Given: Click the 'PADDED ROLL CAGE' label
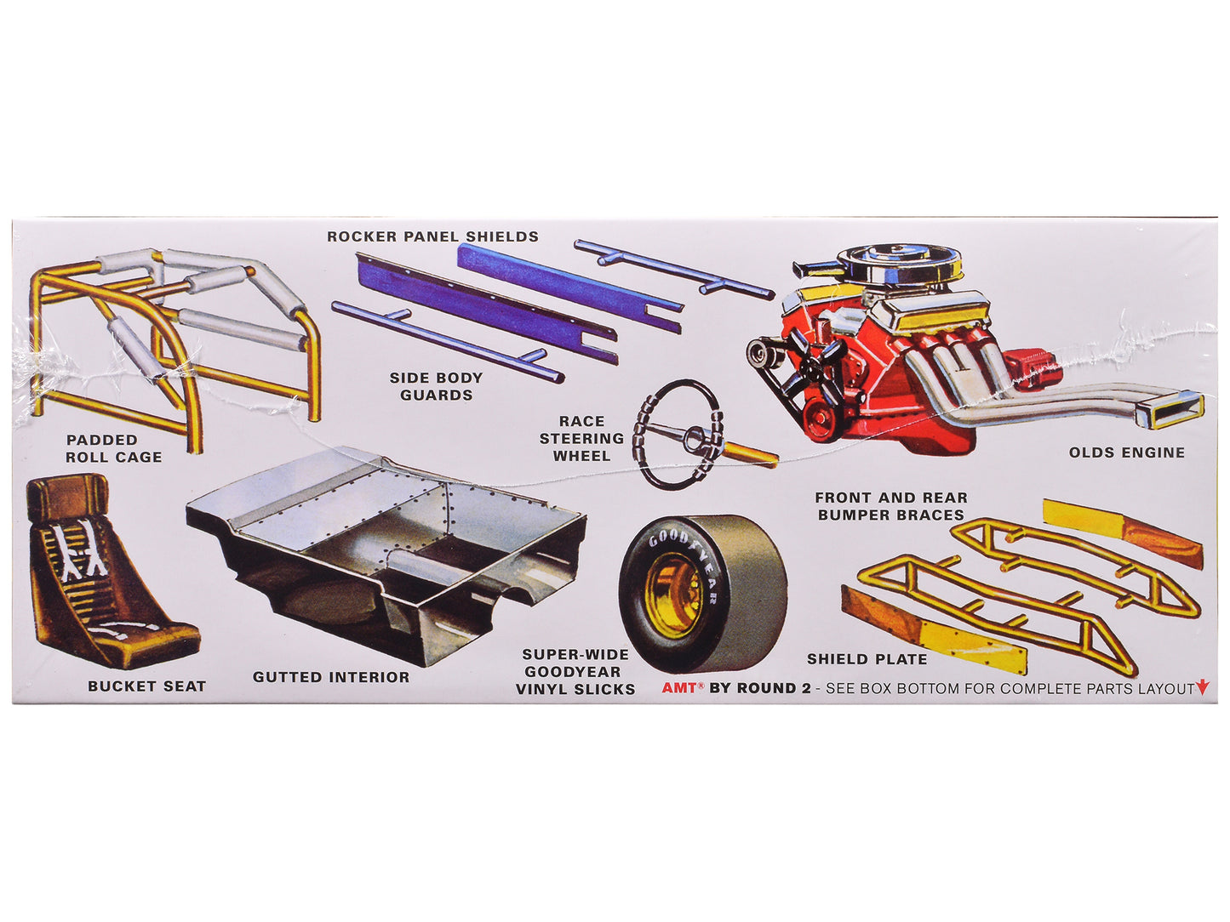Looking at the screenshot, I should tap(113, 448).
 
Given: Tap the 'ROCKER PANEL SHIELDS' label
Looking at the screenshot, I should tap(432, 236).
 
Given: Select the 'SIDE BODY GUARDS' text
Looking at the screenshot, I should tap(436, 386).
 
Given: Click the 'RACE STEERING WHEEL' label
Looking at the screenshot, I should tap(581, 439).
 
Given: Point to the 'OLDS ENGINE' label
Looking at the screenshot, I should tap(1127, 452).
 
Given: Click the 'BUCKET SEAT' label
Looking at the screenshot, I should tap(146, 686).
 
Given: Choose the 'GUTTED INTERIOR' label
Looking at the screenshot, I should tap(331, 677).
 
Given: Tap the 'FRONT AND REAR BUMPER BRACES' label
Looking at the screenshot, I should tap(891, 506).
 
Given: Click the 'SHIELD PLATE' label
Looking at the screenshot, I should tap(867, 658).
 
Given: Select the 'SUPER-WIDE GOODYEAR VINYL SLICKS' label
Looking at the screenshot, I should tap(575, 672).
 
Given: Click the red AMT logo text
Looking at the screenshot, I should tap(679, 688).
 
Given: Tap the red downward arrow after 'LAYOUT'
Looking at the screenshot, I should tap(1202, 687).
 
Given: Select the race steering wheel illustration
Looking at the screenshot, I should tap(681, 434).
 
